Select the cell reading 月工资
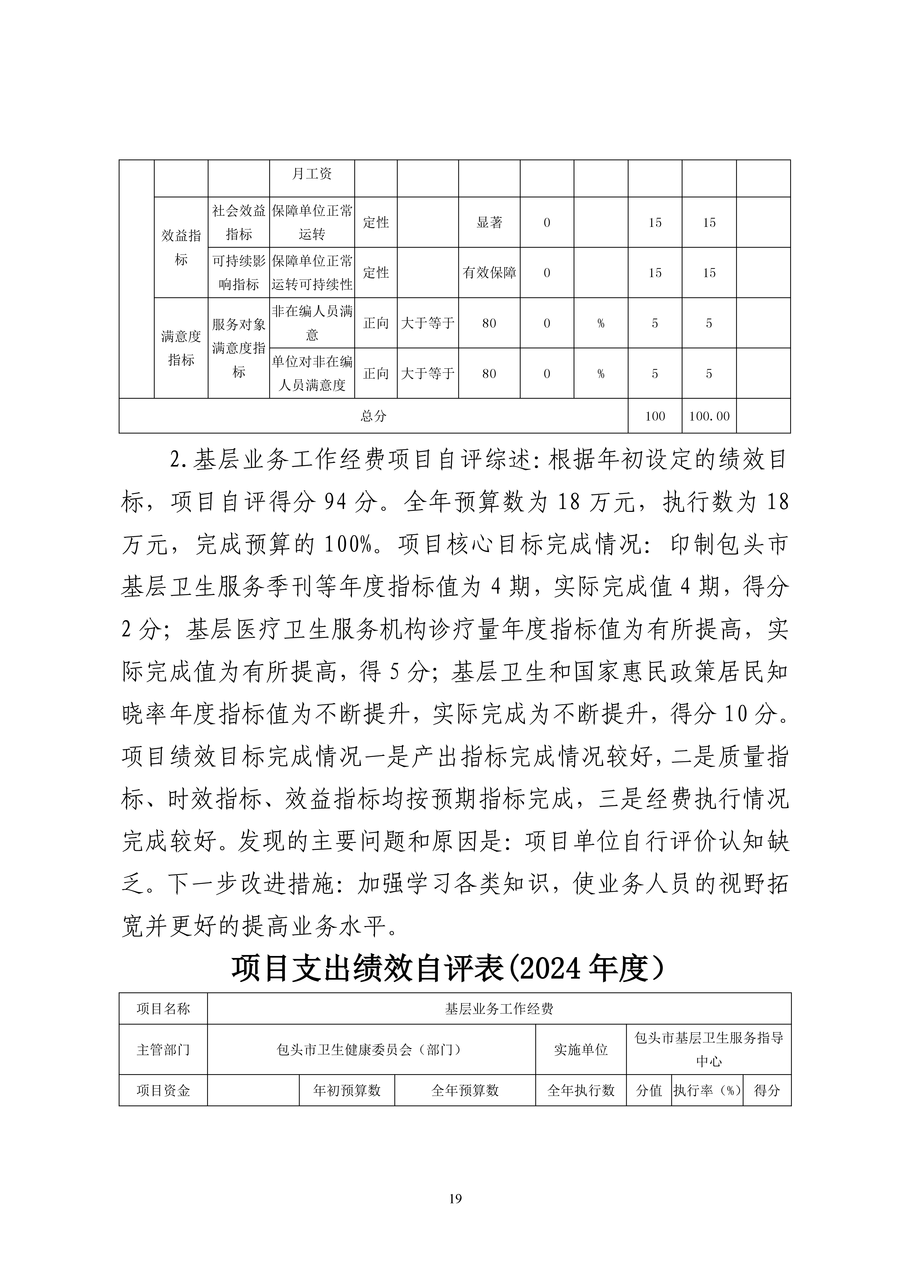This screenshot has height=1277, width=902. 312,174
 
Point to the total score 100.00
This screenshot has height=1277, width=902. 709,416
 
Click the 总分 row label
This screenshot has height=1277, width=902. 373,416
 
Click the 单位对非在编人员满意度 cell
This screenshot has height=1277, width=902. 312,373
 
